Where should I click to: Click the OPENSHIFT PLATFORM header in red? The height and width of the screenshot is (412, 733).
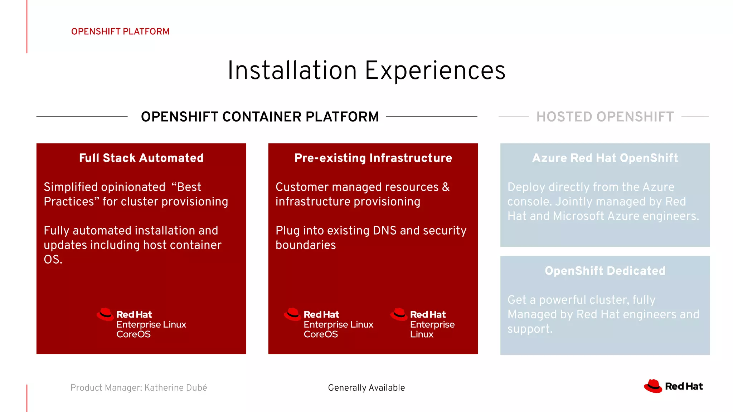click(x=120, y=31)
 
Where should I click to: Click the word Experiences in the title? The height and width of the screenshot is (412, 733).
click(x=435, y=71)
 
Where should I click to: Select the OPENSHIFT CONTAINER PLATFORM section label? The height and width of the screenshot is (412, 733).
click(x=260, y=117)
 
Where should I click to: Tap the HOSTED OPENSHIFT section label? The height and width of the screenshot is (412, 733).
click(x=605, y=117)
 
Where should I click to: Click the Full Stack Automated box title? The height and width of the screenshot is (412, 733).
click(x=141, y=158)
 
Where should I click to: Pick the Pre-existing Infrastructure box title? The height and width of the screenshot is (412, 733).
click(x=373, y=158)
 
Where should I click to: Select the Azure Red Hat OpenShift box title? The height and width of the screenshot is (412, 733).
click(x=605, y=158)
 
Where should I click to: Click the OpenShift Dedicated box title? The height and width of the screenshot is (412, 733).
click(x=605, y=271)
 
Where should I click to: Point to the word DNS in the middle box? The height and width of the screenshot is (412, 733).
click(x=384, y=231)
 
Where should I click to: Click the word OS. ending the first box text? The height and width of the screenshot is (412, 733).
click(x=53, y=260)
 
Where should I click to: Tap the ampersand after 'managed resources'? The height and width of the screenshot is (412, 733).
click(x=446, y=187)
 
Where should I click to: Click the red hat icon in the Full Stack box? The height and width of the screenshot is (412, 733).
click(x=105, y=314)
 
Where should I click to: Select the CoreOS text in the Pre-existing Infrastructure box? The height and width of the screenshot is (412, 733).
click(x=321, y=334)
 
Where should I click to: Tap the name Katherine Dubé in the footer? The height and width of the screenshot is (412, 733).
click(x=175, y=388)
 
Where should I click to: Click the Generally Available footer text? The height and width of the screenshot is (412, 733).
click(x=366, y=388)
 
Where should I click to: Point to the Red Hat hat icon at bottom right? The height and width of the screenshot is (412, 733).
click(x=653, y=386)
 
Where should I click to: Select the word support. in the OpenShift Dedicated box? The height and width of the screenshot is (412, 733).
click(x=530, y=329)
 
